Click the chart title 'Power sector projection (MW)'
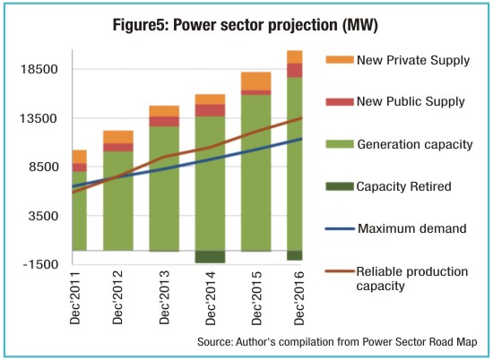pyautogui.click(x=275, y=25)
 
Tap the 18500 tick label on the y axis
pyautogui.click(x=39, y=69)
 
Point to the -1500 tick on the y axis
pyautogui.click(x=41, y=264)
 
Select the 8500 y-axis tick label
pyautogui.click(x=44, y=167)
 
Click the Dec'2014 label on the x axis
pyautogui.click(x=211, y=298)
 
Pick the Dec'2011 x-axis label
pyautogui.click(x=75, y=298)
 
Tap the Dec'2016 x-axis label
pyautogui.click(x=299, y=298)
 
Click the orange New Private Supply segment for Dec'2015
pyautogui.click(x=256, y=81)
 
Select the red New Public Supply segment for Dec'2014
pyautogui.click(x=210, y=110)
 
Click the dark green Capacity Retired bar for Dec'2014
pyautogui.click(x=210, y=257)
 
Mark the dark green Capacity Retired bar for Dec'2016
pyautogui.click(x=295, y=255)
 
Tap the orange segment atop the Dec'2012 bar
pyautogui.click(x=118, y=137)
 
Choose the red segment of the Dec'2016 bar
pyautogui.click(x=295, y=71)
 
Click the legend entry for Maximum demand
pyautogui.click(x=396, y=228)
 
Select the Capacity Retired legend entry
pyautogui.click(x=388, y=186)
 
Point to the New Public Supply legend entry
pyautogui.click(x=395, y=101)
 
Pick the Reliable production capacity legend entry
pyautogui.click(x=396, y=279)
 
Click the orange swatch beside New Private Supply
pyautogui.click(x=340, y=60)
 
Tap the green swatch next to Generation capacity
pyautogui.click(x=340, y=144)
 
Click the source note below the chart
pyautogui.click(x=337, y=342)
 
